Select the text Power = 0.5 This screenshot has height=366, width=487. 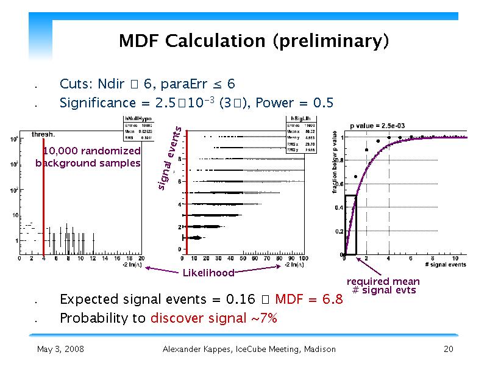tap(295, 103)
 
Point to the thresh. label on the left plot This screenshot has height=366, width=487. tap(43, 134)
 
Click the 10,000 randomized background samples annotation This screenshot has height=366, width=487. tap(88, 157)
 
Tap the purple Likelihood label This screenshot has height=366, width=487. tap(208, 273)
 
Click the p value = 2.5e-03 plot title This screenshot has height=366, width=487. tap(378, 126)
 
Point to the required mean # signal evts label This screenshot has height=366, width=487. tap(383, 285)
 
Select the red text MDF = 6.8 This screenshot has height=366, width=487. tap(309, 300)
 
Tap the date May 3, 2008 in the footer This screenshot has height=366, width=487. tap(60, 350)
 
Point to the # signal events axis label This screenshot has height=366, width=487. tap(444, 264)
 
